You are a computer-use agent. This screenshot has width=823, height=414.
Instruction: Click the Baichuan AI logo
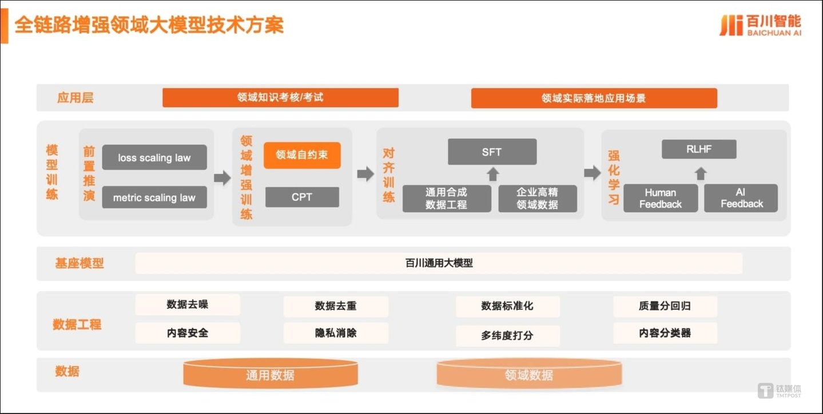(x=760, y=26)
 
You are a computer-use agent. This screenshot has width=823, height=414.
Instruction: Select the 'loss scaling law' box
(x=154, y=157)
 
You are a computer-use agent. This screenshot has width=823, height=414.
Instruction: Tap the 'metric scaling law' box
(x=154, y=198)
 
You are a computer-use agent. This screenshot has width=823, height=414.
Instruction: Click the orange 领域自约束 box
(x=302, y=155)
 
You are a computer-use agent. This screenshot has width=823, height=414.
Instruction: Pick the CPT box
(x=302, y=197)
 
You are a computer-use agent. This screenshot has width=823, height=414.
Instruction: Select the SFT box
(x=492, y=152)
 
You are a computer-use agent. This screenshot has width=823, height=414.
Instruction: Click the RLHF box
(x=699, y=149)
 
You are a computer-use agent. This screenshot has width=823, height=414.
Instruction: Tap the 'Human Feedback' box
(x=661, y=198)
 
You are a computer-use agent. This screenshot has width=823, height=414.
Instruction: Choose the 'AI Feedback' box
(x=741, y=198)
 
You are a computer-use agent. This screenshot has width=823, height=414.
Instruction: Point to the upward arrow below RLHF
(x=700, y=173)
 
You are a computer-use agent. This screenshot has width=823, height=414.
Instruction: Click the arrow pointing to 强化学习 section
(x=593, y=174)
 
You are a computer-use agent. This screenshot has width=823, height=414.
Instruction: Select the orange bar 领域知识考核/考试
(x=280, y=97)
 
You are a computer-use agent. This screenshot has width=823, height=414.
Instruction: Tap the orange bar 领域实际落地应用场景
(x=594, y=98)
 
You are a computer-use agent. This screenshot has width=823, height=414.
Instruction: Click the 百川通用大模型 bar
(x=439, y=263)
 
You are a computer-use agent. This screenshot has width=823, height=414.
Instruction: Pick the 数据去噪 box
(x=188, y=305)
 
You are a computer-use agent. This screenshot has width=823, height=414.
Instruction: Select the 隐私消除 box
(x=336, y=333)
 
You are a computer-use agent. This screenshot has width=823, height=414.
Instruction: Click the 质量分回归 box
(x=665, y=306)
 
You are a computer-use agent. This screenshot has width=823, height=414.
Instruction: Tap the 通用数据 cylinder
(x=271, y=374)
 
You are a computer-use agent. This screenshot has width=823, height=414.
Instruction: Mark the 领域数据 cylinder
(x=529, y=374)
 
